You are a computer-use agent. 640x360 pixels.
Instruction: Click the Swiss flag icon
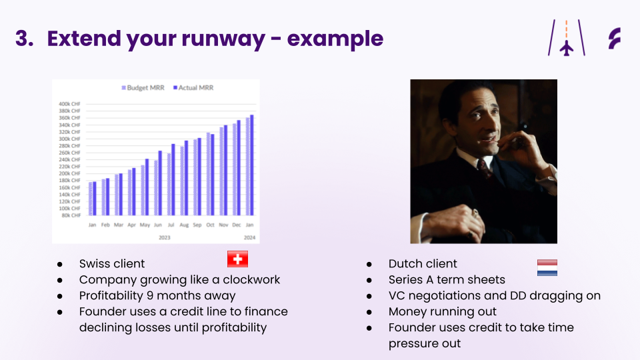tap(237, 259)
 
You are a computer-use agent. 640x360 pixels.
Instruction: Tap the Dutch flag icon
tap(547, 268)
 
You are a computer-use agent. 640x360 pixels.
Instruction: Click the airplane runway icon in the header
tap(567, 37)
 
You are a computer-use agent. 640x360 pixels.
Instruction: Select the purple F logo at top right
tap(614, 39)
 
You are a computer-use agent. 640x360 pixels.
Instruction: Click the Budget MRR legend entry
tap(143, 88)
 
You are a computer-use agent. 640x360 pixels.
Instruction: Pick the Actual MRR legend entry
tap(193, 88)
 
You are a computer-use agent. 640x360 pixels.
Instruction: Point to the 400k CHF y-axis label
tap(69, 104)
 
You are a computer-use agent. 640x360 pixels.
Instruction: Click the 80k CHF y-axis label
tap(71, 215)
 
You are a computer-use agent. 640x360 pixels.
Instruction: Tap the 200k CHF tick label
tap(69, 173)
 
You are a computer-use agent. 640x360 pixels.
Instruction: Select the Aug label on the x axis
tap(184, 225)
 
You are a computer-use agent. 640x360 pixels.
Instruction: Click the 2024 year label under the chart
tap(249, 237)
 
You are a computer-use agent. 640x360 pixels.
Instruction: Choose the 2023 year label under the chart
tap(165, 237)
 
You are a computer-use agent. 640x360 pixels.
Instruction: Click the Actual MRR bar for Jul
tap(173, 179)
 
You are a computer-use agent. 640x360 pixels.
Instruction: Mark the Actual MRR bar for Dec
tap(239, 168)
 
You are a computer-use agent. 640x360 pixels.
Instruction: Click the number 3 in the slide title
tap(25, 39)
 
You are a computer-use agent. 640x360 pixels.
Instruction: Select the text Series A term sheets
tap(447, 279)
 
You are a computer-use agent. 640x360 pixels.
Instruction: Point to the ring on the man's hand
tap(475, 213)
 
